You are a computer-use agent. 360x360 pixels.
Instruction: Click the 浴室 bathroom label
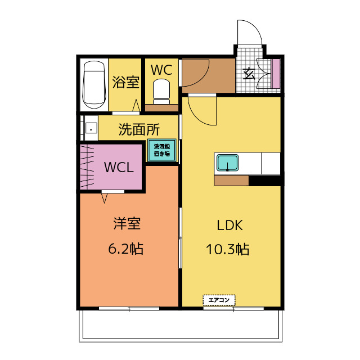[x=125, y=82]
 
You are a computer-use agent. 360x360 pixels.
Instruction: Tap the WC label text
[x=161, y=70]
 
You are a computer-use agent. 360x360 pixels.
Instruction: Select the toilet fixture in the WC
[x=161, y=89]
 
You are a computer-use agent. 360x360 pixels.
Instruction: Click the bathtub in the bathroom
[x=94, y=84]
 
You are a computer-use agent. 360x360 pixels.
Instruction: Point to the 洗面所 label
[x=139, y=129]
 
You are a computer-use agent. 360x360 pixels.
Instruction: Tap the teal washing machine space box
[x=162, y=151]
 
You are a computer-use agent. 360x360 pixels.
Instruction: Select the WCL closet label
[x=119, y=168]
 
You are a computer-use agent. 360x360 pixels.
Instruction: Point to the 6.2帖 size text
[x=126, y=248]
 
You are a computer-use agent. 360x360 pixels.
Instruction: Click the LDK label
[x=229, y=225]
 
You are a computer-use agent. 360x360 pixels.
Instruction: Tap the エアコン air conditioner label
[x=219, y=300]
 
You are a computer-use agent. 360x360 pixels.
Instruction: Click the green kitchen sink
[x=228, y=163]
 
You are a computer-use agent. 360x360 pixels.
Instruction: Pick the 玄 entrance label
[x=247, y=73]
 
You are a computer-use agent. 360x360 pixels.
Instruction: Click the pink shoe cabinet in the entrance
[x=276, y=73]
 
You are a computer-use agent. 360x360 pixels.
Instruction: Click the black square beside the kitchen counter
[x=264, y=181]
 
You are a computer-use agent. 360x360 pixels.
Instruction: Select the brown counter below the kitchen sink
[x=231, y=181]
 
